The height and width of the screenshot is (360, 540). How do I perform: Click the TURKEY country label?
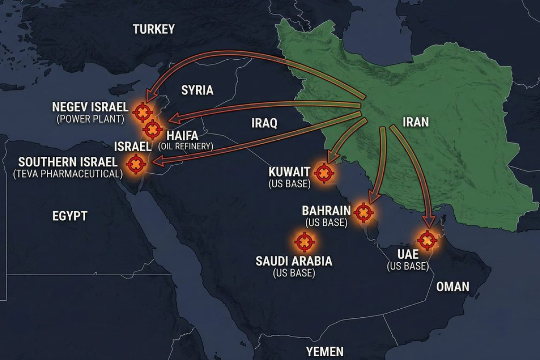(x=153, y=29)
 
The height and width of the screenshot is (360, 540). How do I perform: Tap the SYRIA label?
(x=197, y=90)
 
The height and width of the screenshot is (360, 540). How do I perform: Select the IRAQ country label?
(x=264, y=124)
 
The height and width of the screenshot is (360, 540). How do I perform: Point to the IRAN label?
(x=415, y=122)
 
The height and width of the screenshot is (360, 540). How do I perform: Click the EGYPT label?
(x=70, y=216)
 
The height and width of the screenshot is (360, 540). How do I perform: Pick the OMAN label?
(x=452, y=286)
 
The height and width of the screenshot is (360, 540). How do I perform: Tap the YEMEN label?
(x=324, y=351)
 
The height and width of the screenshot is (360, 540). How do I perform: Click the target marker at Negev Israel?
(x=142, y=112)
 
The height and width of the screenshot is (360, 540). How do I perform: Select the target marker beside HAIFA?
(x=153, y=128)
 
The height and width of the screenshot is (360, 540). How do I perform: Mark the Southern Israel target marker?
(x=136, y=164)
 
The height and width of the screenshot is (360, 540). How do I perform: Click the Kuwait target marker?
(x=324, y=173)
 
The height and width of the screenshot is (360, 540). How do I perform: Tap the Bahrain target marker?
(x=363, y=213)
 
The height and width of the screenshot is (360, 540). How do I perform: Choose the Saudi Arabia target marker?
(x=304, y=242)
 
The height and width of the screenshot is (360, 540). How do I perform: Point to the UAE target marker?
(x=427, y=240)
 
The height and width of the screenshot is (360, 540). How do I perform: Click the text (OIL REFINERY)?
(x=186, y=146)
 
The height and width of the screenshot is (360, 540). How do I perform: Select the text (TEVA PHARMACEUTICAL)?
(x=68, y=174)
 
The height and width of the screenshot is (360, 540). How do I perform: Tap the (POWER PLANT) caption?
(x=90, y=119)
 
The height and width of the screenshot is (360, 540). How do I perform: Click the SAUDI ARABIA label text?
(x=294, y=261)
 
